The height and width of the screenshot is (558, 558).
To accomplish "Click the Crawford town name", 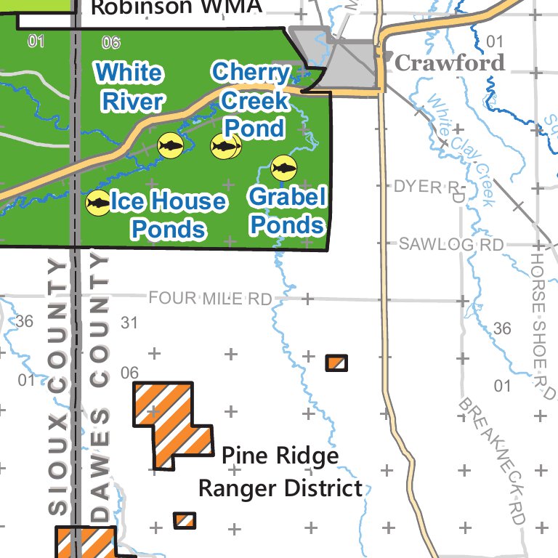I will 449,63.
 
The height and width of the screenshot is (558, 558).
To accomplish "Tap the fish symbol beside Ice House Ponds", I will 98,203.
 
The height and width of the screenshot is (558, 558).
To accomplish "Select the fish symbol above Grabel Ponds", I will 283,169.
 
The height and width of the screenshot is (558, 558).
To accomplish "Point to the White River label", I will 130,86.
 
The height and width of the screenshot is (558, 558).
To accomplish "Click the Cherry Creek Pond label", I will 251,100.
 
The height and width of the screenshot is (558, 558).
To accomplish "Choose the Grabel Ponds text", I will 287,211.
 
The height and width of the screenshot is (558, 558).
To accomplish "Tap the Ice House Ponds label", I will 168,215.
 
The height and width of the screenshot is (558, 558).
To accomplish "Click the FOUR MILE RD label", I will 210,299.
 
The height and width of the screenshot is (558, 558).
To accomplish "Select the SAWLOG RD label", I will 450,245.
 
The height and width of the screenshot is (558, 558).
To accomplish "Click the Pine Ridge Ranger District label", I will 280,472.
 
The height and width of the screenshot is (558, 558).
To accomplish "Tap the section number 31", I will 129,322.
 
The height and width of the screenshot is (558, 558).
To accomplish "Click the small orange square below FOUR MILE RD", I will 336,363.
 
